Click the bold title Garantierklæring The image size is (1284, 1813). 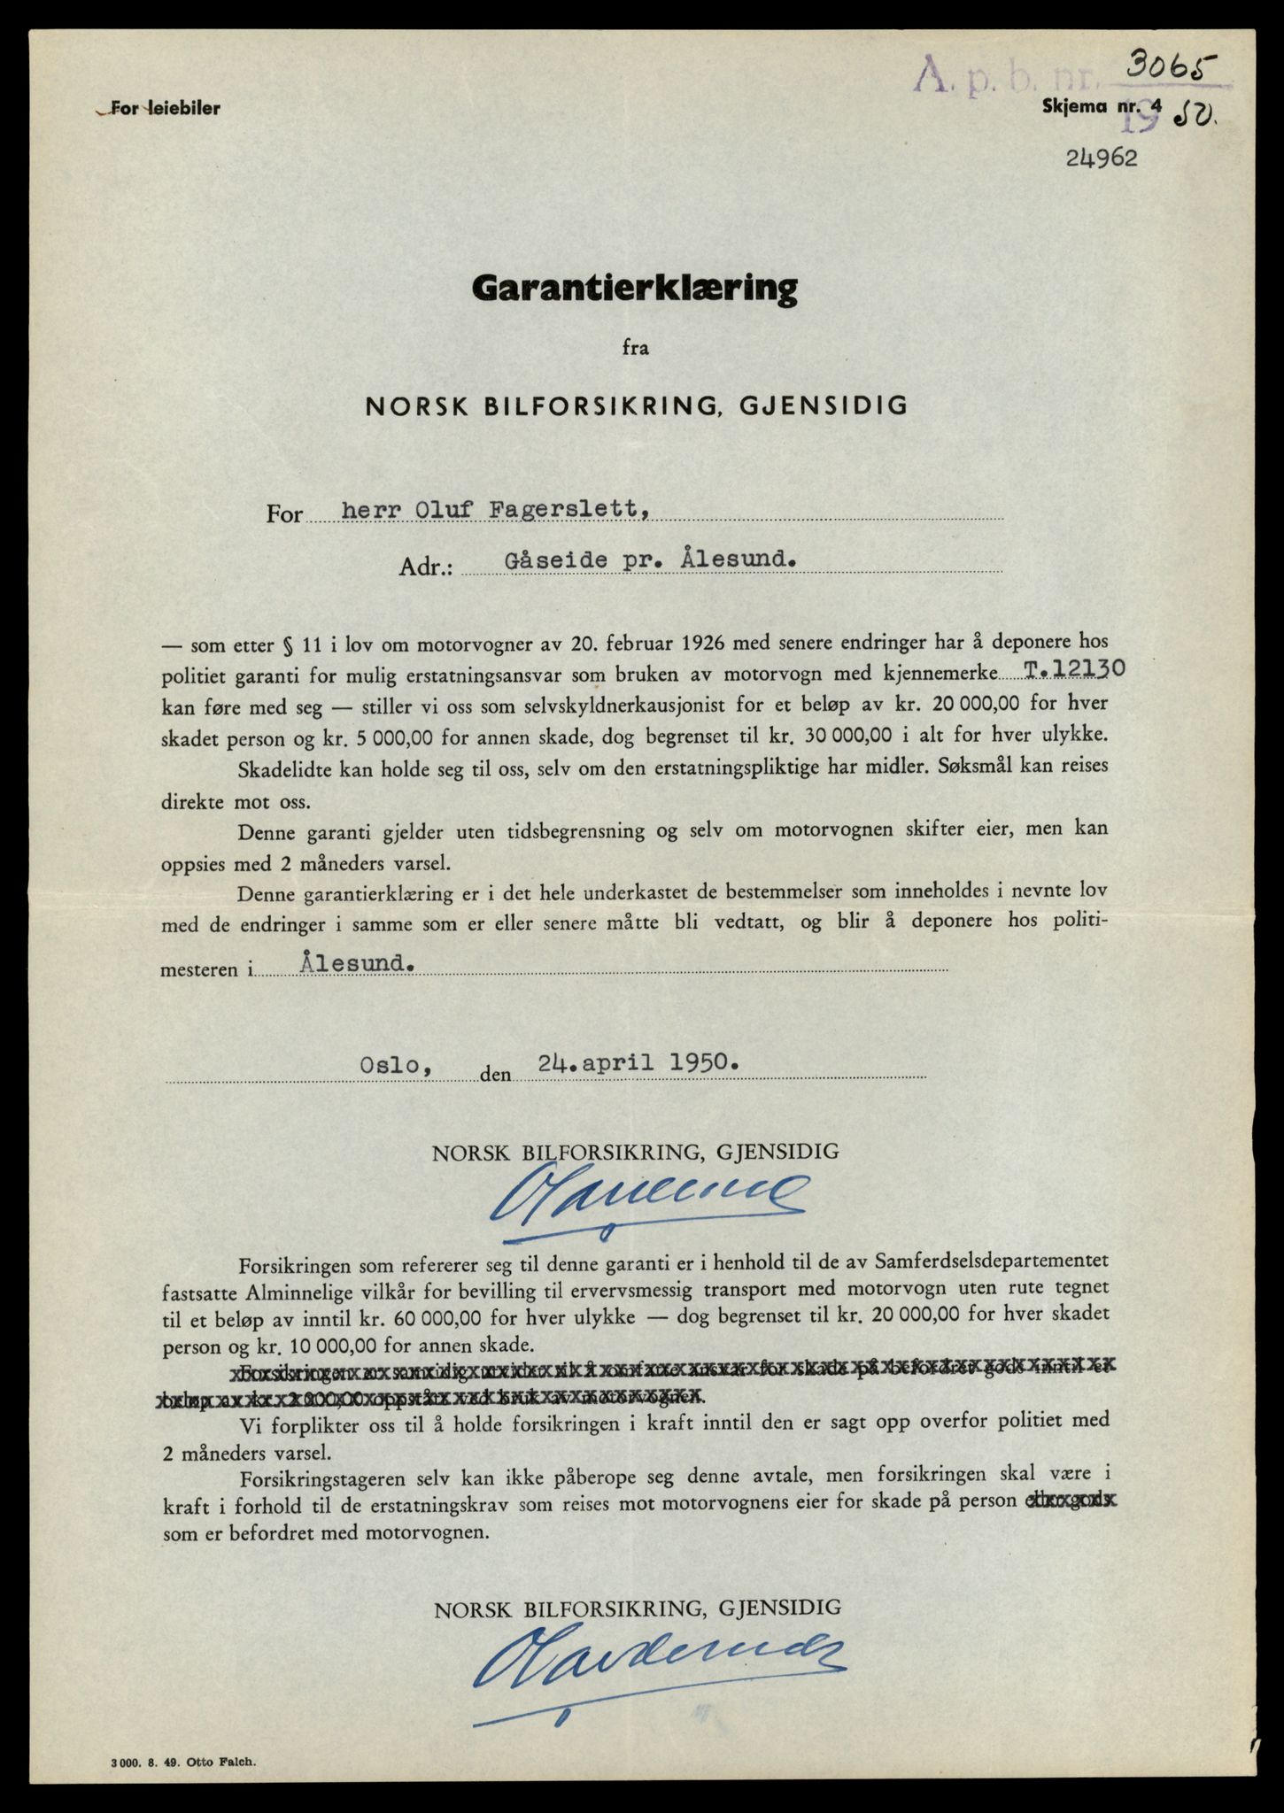pyautogui.click(x=635, y=289)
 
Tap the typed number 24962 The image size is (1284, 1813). pyautogui.click(x=1101, y=159)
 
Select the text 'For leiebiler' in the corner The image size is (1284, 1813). pyautogui.click(x=158, y=109)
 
